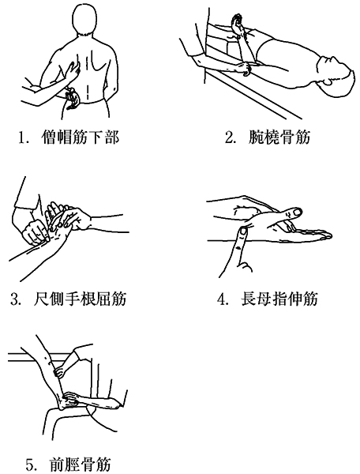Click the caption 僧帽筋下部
click(x=81, y=137)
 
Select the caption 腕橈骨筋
click(x=279, y=137)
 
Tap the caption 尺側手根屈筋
click(x=80, y=299)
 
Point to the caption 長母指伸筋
click(x=279, y=299)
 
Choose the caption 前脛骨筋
click(x=80, y=464)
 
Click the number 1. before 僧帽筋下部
click(x=24, y=137)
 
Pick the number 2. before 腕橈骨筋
click(x=231, y=137)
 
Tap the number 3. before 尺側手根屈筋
click(x=16, y=299)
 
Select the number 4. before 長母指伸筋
click(x=223, y=299)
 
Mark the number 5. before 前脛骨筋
click(x=31, y=465)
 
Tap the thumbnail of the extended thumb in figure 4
click(x=297, y=213)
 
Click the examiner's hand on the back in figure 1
click(x=73, y=70)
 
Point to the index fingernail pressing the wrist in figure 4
click(x=243, y=232)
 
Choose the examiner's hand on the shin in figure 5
click(x=59, y=371)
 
